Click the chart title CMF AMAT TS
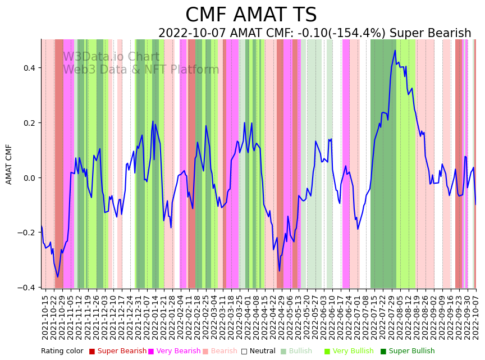(251, 15)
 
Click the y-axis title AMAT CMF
(9, 164)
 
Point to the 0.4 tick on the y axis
(28, 68)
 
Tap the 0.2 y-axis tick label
(28, 123)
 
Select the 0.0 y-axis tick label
(28, 178)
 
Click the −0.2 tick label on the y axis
(26, 233)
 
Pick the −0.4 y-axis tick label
(26, 288)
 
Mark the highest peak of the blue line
(395, 51)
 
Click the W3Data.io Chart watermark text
(111, 57)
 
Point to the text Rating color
(62, 352)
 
